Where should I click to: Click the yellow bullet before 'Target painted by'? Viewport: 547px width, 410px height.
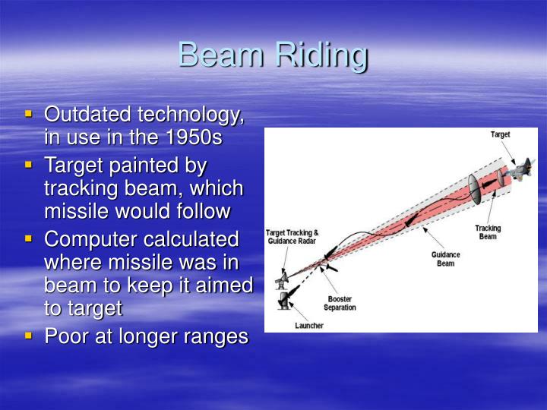coord(29,164)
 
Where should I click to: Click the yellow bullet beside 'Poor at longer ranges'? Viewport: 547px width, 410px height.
coord(29,334)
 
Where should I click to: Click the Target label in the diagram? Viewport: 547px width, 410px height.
coord(500,134)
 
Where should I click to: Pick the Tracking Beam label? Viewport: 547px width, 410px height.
coord(488,232)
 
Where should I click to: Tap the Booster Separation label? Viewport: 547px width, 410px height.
coord(340,303)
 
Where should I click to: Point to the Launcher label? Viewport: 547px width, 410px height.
coord(309,325)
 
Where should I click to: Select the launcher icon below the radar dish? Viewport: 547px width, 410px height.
coord(283,301)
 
